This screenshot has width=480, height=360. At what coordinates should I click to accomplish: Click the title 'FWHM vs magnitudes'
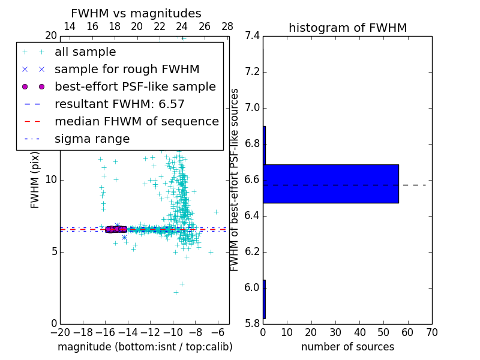(136, 13)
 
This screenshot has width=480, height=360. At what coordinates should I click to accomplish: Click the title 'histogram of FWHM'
(347, 28)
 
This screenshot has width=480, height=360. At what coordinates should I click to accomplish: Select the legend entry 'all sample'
(85, 52)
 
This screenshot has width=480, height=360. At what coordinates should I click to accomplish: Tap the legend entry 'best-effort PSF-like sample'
(135, 87)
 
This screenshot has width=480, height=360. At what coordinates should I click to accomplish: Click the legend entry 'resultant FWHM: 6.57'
(119, 104)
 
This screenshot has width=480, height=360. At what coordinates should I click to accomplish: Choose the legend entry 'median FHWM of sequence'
(136, 122)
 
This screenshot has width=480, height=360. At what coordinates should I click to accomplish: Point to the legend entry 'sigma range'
(92, 139)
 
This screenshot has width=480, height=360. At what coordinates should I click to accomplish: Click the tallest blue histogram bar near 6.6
(331, 184)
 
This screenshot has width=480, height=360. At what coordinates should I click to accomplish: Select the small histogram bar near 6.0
(264, 299)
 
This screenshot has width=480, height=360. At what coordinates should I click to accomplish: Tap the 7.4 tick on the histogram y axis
(252, 36)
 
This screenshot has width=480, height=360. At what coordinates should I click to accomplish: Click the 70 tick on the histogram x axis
(431, 332)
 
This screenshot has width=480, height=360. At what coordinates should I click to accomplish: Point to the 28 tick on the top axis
(227, 26)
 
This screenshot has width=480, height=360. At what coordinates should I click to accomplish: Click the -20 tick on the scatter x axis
(60, 332)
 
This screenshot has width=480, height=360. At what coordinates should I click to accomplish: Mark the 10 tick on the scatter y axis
(50, 180)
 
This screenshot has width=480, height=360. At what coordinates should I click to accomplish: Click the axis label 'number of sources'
(347, 347)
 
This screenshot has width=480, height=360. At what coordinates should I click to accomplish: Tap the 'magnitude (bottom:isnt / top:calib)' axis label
(145, 347)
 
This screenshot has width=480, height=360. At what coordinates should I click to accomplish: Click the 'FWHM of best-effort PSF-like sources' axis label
(235, 180)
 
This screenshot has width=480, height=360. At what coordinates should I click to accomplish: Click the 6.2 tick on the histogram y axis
(252, 252)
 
